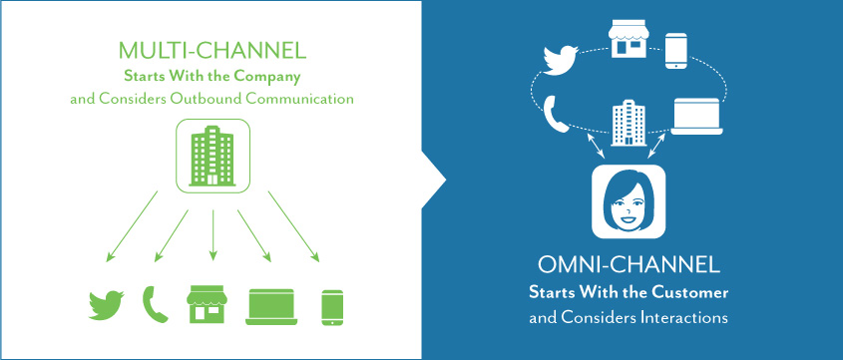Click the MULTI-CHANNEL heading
coord(211,50)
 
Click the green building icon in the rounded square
coord(212,156)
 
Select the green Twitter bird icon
coord(106,304)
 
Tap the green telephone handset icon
coord(158,303)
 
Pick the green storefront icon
coord(210,303)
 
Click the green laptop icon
coord(272,304)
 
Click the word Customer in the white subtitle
coord(687,295)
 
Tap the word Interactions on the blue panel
coord(680,317)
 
